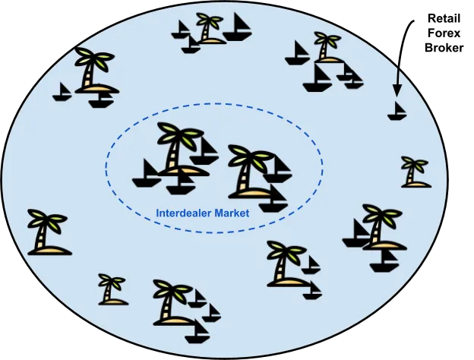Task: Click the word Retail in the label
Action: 444,19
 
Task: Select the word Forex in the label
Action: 444,33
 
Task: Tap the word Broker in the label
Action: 444,48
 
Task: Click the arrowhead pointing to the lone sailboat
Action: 397,90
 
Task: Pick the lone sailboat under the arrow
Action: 397,111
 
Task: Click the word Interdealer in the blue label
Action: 184,213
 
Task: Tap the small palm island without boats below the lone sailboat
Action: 416,172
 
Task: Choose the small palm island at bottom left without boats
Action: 112,289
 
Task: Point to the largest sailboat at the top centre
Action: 238,27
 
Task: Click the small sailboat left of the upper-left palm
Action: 62,92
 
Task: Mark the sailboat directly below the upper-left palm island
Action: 103,100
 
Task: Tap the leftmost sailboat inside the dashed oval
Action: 147,173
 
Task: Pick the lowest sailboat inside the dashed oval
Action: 273,198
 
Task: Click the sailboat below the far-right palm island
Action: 384,261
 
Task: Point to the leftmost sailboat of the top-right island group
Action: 298,53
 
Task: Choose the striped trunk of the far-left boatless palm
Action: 43,236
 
